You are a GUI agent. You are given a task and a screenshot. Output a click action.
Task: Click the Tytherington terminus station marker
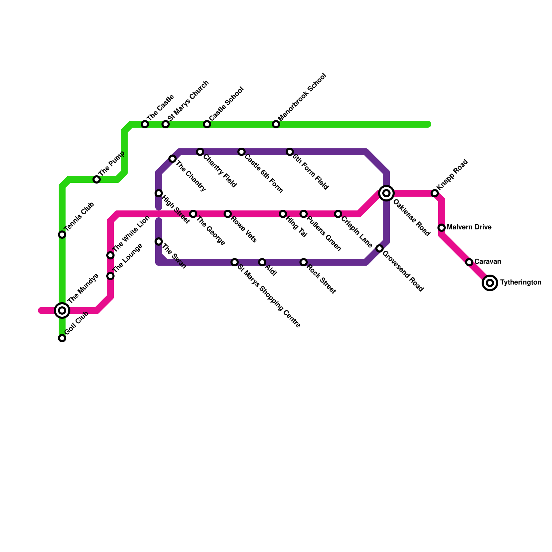pyautogui.click(x=490, y=283)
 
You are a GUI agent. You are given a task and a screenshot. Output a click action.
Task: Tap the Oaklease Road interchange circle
pyautogui.click(x=386, y=193)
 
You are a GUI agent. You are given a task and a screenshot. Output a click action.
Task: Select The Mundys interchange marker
pyautogui.click(x=62, y=310)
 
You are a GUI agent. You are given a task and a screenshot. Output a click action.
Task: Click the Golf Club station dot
pyautogui.click(x=62, y=338)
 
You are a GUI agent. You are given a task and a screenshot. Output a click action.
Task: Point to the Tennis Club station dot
pyautogui.click(x=62, y=235)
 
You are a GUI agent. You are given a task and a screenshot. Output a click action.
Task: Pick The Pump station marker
pyautogui.click(x=97, y=179)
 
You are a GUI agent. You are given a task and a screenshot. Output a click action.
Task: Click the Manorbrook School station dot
pyautogui.click(x=276, y=124)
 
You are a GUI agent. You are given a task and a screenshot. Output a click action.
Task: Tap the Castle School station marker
pyautogui.click(x=207, y=124)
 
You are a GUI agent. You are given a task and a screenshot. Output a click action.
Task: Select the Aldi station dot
pyautogui.click(x=262, y=262)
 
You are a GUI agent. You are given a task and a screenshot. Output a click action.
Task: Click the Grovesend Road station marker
pyautogui.click(x=379, y=248)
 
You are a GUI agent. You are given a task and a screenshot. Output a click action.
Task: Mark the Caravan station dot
pyautogui.click(x=469, y=262)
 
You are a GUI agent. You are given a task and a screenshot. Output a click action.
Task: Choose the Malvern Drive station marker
pyautogui.click(x=442, y=228)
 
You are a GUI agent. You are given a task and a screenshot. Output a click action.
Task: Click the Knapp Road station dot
pyautogui.click(x=435, y=193)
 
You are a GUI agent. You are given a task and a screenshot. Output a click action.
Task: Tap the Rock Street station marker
pyautogui.click(x=304, y=262)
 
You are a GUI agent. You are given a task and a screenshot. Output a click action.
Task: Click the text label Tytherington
pyautogui.click(x=521, y=283)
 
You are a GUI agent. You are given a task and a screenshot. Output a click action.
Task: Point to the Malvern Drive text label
pyautogui.click(x=469, y=227)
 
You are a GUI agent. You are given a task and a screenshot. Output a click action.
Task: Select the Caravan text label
pyautogui.click(x=488, y=262)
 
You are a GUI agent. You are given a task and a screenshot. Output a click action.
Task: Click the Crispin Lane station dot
pyautogui.click(x=338, y=214)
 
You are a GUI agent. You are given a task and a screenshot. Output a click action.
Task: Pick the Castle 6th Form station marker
pyautogui.click(x=241, y=152)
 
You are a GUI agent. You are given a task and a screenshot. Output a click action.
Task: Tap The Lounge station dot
pyautogui.click(x=110, y=276)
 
